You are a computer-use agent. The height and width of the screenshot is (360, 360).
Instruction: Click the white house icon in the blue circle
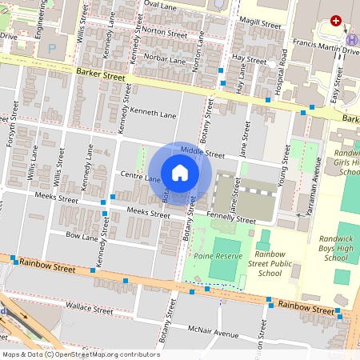(x=180, y=172)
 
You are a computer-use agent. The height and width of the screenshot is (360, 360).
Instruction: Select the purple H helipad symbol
(x=351, y=40)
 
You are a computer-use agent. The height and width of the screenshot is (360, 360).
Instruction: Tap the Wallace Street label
(x=90, y=306)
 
